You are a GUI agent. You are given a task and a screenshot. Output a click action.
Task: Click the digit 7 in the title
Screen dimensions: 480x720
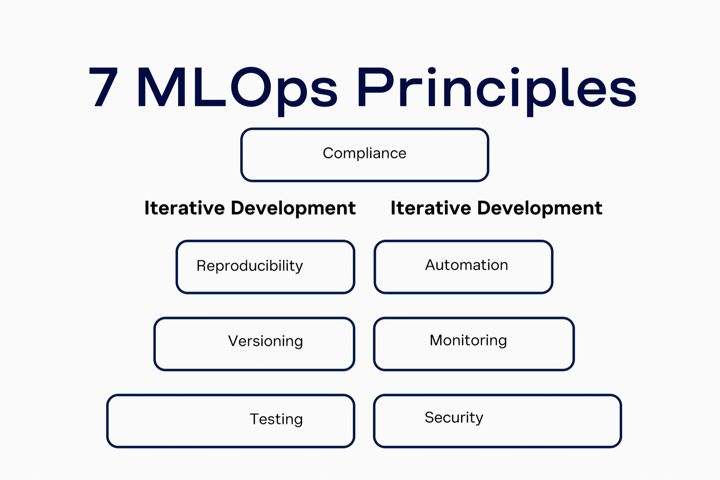tap(104, 87)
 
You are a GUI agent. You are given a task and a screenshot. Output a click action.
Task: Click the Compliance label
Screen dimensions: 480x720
tap(364, 153)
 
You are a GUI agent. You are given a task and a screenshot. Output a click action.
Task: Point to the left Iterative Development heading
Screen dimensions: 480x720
tap(250, 208)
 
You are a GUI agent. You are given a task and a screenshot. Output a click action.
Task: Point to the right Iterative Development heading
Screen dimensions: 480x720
tap(496, 208)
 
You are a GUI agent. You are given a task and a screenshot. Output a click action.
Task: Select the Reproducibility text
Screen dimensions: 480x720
tap(250, 266)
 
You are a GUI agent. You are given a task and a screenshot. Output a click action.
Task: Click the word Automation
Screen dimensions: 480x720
tap(466, 265)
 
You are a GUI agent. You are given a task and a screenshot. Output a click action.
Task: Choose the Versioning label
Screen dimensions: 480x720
tap(265, 341)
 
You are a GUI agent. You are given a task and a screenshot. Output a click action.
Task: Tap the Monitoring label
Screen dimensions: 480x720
tap(468, 340)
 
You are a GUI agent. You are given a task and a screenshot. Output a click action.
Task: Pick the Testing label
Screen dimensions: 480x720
tap(276, 419)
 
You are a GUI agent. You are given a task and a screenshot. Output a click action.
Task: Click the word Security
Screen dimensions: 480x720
tap(454, 417)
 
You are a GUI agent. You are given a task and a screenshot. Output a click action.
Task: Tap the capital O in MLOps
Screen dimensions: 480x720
tap(250, 87)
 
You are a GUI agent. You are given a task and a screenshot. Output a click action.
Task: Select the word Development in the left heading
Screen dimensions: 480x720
tap(293, 208)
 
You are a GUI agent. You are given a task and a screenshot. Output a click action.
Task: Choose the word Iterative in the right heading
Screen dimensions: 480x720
tap(431, 208)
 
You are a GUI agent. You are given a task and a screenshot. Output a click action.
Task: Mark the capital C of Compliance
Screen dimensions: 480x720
tap(329, 153)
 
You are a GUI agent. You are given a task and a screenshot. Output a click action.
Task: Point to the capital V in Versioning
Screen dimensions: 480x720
tap(234, 341)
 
